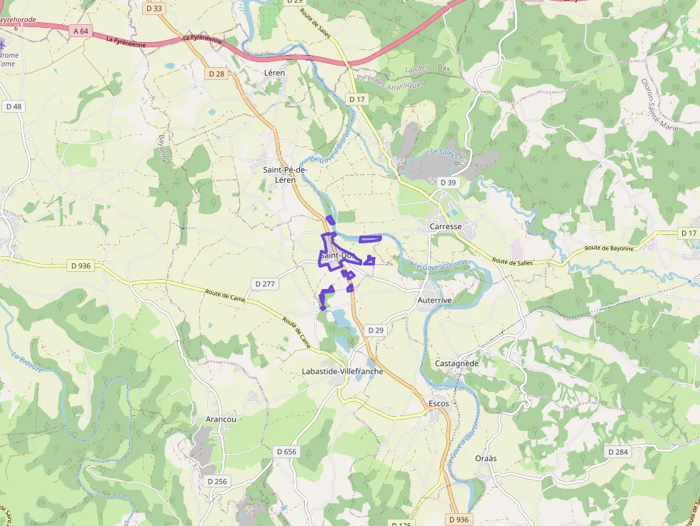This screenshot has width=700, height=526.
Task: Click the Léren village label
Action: [x=274, y=73]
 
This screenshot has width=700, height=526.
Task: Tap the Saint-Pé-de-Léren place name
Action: [x=285, y=175]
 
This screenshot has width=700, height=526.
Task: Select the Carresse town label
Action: [x=446, y=226]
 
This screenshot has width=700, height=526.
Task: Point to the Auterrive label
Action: [x=434, y=301]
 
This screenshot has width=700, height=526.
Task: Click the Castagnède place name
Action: [x=456, y=363]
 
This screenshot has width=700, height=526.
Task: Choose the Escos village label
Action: [x=439, y=404]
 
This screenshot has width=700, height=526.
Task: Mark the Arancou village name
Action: [x=221, y=419]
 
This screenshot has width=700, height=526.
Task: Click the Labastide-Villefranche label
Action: [x=342, y=371]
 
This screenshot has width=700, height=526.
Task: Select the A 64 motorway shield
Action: [x=81, y=31]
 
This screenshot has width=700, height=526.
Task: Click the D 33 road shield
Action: [x=153, y=9]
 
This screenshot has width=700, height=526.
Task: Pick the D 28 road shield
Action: [x=216, y=74]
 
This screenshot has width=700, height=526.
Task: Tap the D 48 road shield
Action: [x=14, y=106]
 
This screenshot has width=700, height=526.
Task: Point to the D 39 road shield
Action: [x=448, y=183]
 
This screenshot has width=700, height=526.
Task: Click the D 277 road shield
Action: [x=264, y=284]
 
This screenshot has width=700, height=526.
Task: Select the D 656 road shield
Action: [x=286, y=452]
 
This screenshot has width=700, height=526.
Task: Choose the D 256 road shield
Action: [x=217, y=481]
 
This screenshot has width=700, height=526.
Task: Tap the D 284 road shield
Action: [x=618, y=452]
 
